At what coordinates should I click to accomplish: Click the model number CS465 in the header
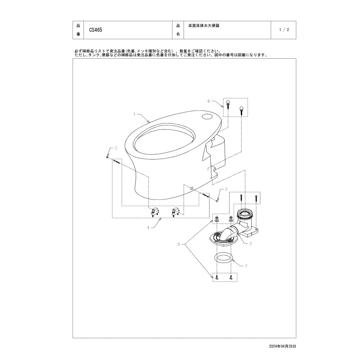click(x=95, y=30)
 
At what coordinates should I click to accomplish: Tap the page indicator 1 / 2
click(x=284, y=30)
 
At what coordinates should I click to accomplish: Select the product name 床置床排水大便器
click(x=204, y=26)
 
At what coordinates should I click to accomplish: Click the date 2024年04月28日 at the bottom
click(x=282, y=346)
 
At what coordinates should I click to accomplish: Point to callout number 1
click(x=134, y=114)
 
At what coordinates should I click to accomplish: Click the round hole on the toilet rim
click(x=207, y=116)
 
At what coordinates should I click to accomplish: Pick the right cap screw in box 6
click(x=241, y=109)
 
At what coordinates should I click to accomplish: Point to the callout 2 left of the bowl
click(x=116, y=148)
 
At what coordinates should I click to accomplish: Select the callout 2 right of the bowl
click(x=226, y=189)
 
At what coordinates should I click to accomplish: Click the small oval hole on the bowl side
click(x=192, y=188)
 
